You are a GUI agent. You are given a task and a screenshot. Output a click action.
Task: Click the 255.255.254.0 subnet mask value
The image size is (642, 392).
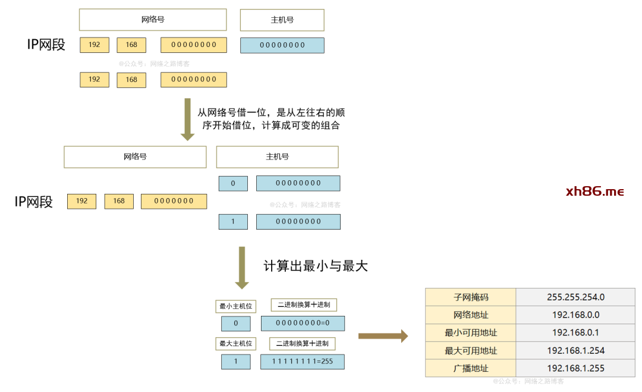[575, 297]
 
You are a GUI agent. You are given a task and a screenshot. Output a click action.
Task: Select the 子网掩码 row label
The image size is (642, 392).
[471, 297]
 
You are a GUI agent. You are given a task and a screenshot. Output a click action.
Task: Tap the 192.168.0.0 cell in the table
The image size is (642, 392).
[575, 315]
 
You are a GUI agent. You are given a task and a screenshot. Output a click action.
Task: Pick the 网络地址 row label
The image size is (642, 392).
[471, 315]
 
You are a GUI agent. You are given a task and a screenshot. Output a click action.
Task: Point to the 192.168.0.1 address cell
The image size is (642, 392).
[575, 333]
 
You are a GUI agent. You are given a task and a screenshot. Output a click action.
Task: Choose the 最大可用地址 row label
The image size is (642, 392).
[471, 350]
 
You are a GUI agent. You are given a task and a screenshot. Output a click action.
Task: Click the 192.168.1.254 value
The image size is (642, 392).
[575, 350]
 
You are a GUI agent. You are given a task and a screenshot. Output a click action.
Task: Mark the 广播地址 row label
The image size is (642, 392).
[471, 368]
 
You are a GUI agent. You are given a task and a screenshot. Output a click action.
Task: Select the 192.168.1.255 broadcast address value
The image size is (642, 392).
[575, 368]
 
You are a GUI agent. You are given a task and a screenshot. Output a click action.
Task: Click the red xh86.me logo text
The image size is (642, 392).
[594, 192]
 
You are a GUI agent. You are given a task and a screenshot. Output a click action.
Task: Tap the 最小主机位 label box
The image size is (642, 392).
[235, 306]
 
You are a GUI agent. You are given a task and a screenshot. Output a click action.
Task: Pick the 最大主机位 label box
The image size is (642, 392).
[235, 343]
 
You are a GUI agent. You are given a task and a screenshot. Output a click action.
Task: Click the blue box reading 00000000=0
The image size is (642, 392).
[303, 324]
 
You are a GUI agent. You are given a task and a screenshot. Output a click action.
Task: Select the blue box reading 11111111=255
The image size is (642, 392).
[303, 362]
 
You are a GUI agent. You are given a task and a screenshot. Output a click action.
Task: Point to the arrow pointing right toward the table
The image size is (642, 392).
[383, 336]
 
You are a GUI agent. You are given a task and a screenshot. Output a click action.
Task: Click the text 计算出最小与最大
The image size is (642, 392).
[316, 266]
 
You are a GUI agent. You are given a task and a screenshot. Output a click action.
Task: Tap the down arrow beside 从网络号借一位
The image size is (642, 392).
[188, 119]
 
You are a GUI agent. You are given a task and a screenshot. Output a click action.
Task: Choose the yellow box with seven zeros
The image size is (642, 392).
[174, 201]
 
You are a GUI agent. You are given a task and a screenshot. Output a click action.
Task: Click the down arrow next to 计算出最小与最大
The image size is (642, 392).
[242, 267]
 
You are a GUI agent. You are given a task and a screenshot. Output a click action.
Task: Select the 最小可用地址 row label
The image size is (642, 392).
[471, 333]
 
